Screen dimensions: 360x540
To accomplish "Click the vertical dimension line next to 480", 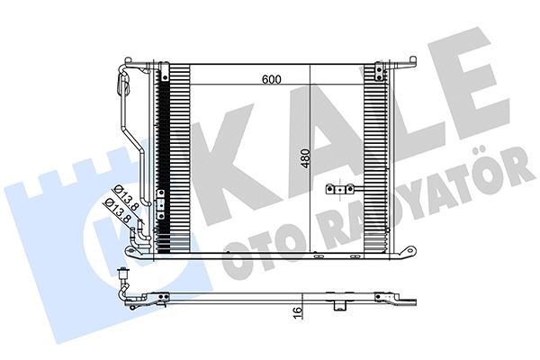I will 310,162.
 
